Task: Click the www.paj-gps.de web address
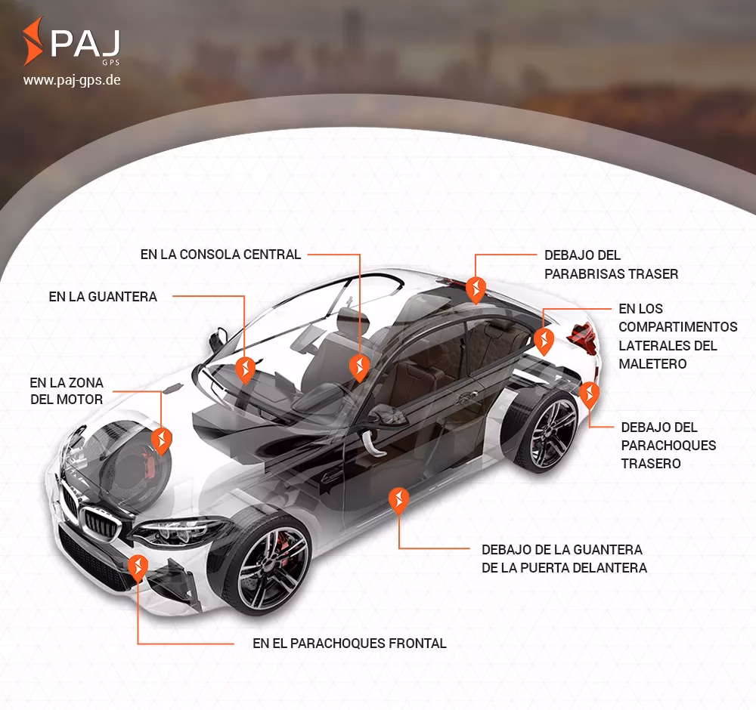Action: click(x=72, y=79)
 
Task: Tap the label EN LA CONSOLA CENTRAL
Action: click(x=221, y=255)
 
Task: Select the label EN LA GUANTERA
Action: click(x=103, y=297)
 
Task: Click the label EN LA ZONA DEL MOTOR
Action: click(x=67, y=390)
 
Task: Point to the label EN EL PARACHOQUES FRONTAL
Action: click(x=349, y=644)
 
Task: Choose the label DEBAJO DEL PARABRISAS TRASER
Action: click(x=611, y=264)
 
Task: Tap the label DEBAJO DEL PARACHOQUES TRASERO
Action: click(x=668, y=445)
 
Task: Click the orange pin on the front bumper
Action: click(x=138, y=567)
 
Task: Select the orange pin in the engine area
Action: click(x=161, y=440)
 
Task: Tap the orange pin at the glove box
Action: click(x=245, y=369)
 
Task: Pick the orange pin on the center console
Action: click(x=360, y=367)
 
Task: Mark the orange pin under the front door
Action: click(x=398, y=500)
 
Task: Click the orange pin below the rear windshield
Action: click(x=476, y=289)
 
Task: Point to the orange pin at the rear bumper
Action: click(x=589, y=394)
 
